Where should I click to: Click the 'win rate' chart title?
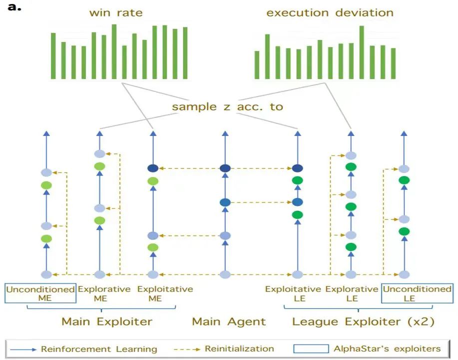(116, 12)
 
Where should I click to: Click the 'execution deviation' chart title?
(330, 12)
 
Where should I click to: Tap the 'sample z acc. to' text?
(227, 107)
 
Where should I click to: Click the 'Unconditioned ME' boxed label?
(40, 293)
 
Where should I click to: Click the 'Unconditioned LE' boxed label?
(417, 293)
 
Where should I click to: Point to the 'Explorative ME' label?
(104, 293)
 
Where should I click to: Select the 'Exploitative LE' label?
(293, 293)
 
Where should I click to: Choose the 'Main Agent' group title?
(229, 321)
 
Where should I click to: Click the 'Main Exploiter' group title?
(107, 321)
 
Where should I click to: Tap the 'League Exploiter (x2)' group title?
(363, 321)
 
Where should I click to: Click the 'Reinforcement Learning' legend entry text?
(99, 349)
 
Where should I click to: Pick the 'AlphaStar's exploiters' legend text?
(387, 348)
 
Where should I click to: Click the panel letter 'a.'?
(15, 7)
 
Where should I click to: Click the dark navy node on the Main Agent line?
(225, 168)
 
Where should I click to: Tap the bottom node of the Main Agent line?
(225, 274)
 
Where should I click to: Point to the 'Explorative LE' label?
(352, 293)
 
